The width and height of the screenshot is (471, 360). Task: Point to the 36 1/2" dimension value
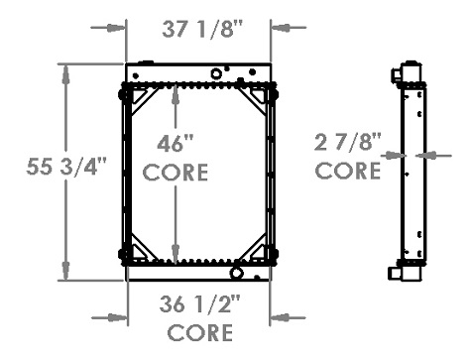199,304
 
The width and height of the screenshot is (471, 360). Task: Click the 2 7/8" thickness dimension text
347,142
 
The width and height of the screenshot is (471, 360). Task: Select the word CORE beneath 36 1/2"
199,332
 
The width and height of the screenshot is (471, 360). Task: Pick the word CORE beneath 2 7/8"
347,171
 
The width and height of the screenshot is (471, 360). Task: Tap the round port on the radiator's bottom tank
236,273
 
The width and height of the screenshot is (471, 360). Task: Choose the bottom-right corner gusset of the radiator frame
261,247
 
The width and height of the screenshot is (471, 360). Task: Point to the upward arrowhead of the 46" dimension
175,92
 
